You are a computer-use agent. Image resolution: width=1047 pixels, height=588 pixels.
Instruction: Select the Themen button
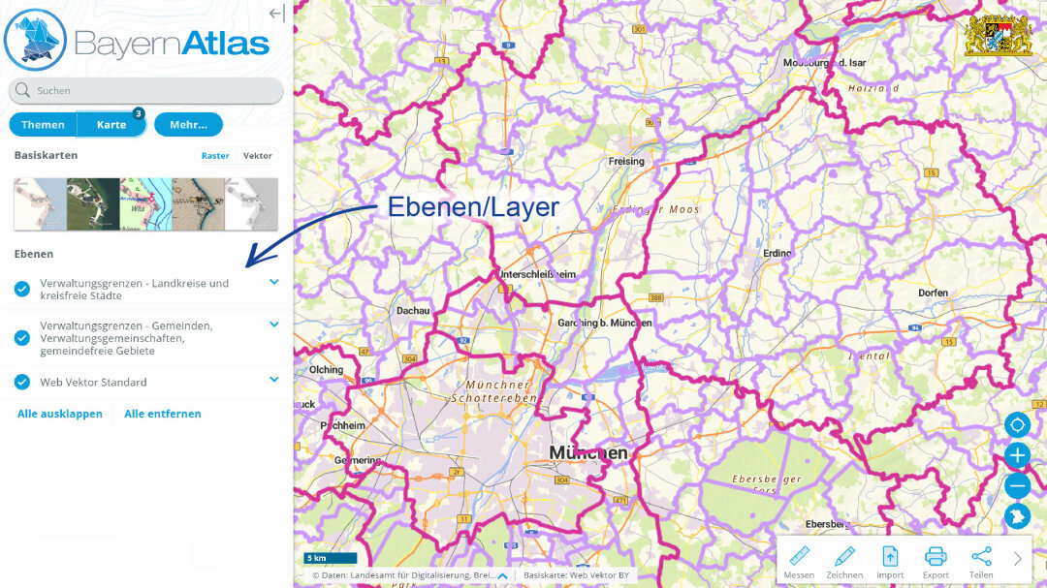43,125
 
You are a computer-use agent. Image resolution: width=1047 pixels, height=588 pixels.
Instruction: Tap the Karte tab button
111,125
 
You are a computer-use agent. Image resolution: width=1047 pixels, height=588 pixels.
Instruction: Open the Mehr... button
188,125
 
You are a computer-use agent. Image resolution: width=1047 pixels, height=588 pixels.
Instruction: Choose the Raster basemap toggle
215,156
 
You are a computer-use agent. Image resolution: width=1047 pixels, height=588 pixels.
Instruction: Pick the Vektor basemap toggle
258,156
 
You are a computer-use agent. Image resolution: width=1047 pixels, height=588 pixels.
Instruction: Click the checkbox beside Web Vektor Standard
22,382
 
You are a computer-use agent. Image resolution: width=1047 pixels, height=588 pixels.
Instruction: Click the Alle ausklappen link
60,414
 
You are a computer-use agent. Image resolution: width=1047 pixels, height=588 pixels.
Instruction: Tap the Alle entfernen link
163,414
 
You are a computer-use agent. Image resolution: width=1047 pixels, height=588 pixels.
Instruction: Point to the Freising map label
626,161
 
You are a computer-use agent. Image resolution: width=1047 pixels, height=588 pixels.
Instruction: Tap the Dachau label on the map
413,311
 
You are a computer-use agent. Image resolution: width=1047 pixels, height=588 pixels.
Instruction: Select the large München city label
588,452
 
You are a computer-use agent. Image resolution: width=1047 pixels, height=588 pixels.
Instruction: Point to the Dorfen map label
933,292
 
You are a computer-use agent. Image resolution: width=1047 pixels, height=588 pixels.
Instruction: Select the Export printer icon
936,557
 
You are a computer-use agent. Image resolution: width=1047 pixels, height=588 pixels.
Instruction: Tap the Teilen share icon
981,557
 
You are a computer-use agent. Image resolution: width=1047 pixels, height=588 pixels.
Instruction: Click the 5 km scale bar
331,558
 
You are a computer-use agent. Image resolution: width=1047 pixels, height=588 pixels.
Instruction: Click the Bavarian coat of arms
999,35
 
